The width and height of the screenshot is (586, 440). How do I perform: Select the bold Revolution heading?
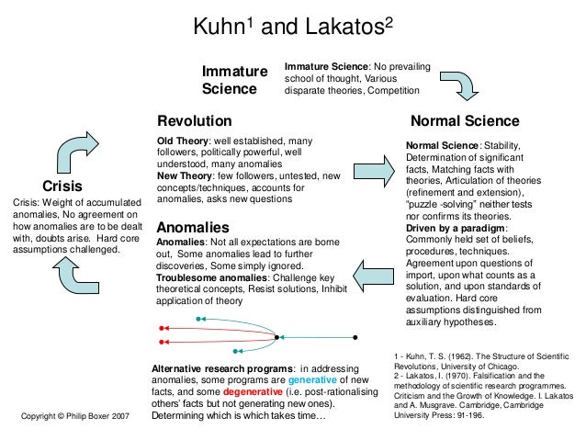195,120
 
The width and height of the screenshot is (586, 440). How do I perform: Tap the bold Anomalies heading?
193,227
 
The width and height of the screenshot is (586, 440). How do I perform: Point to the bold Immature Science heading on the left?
235,80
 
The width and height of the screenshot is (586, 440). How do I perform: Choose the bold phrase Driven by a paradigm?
456,228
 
